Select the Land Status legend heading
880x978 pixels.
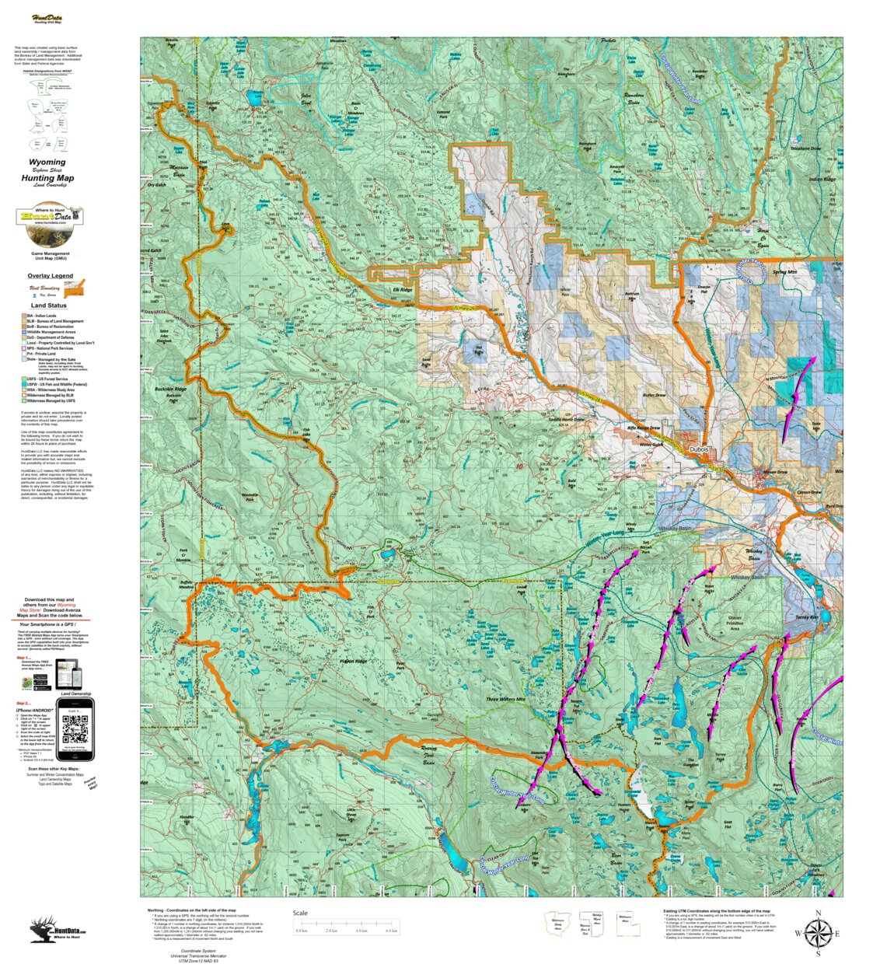[x=48, y=306]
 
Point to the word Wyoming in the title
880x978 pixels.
[x=47, y=162]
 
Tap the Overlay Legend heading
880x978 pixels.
[x=50, y=275]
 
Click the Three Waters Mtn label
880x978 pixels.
[x=505, y=699]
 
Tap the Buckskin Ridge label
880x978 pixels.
[x=170, y=389]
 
